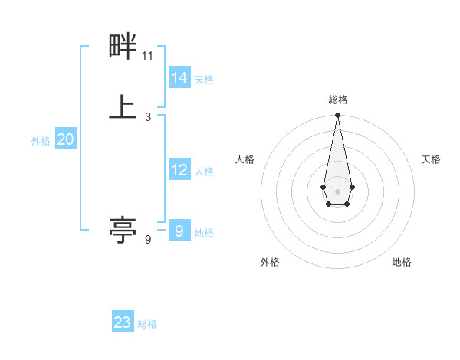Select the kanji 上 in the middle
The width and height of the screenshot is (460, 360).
pos(123,106)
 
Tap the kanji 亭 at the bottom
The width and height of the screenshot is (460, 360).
pos(123,229)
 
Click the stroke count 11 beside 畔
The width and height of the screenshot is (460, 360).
pos(148,56)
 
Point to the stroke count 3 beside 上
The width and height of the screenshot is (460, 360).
pos(148,116)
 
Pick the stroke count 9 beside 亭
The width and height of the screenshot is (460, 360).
pos(148,240)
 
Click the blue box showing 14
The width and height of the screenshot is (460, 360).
pos(179,78)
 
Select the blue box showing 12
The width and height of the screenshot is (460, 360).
pos(179,170)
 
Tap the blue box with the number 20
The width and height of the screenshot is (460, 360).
pos(66,139)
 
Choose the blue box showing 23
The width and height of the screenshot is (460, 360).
pos(123,322)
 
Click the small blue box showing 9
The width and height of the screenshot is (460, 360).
pos(179,231)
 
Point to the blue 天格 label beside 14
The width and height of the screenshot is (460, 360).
pos(204,80)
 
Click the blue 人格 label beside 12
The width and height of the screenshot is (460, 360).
pos(204,172)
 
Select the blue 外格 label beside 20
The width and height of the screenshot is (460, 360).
pos(41,141)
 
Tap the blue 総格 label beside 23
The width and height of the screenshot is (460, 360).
pos(147,324)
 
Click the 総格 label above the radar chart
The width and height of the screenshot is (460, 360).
pos(338,100)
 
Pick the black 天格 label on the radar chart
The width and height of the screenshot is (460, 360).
pos(431,159)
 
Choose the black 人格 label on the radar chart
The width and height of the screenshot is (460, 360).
pos(245,159)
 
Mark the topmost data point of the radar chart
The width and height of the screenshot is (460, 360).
pos(337,116)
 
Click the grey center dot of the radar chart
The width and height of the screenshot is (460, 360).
pos(337,191)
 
